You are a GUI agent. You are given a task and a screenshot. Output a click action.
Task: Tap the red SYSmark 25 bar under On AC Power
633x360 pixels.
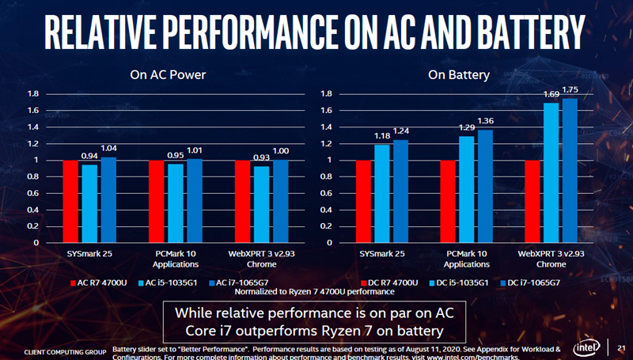point(70,201)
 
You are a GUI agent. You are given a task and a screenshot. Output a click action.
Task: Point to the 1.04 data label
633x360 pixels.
point(108,148)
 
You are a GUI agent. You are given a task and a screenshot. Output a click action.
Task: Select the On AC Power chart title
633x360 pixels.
point(168,75)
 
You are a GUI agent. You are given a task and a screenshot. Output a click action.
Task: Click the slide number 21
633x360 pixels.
point(620,347)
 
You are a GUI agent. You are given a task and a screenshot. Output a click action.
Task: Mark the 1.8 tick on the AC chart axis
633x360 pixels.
point(34,94)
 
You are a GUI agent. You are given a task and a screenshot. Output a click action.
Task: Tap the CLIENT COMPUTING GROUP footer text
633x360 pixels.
point(65,351)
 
